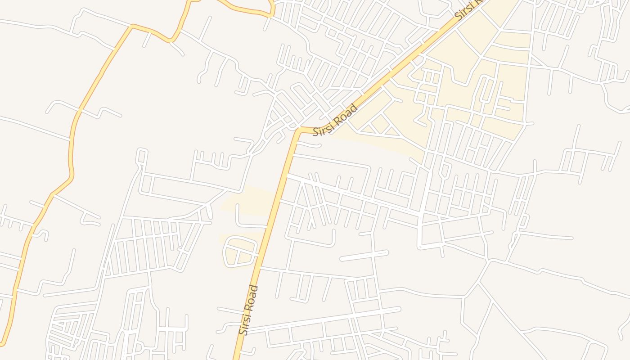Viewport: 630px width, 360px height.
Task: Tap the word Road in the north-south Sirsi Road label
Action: (x=253, y=297)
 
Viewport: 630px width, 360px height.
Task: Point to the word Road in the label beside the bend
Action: (x=347, y=113)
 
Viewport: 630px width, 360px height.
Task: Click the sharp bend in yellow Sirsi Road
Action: (x=298, y=130)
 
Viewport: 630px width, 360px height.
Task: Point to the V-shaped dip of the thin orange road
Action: (x=171, y=41)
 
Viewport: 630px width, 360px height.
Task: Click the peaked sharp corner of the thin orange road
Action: (x=131, y=26)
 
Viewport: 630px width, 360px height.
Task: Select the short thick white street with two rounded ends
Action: (x=364, y=256)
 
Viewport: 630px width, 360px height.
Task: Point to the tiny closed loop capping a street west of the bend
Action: (x=142, y=155)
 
